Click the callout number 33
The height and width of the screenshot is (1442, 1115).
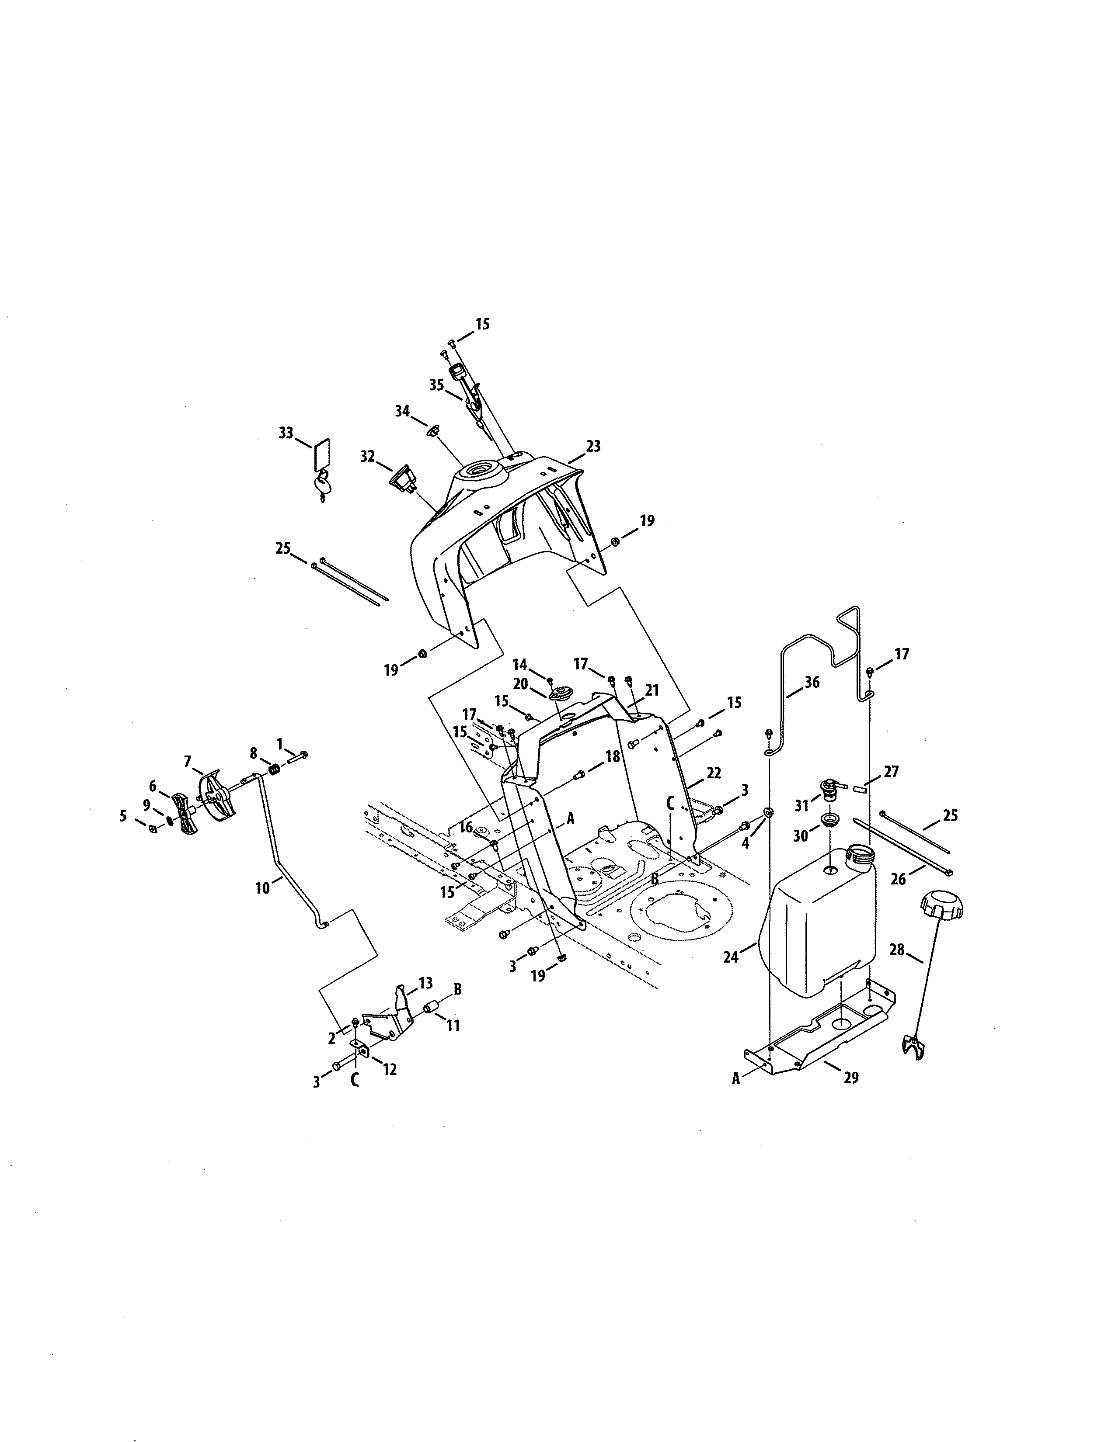point(286,433)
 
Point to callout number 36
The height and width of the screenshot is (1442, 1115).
point(812,682)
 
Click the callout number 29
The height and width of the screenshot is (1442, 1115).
point(851,1078)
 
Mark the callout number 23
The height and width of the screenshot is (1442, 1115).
point(593,446)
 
